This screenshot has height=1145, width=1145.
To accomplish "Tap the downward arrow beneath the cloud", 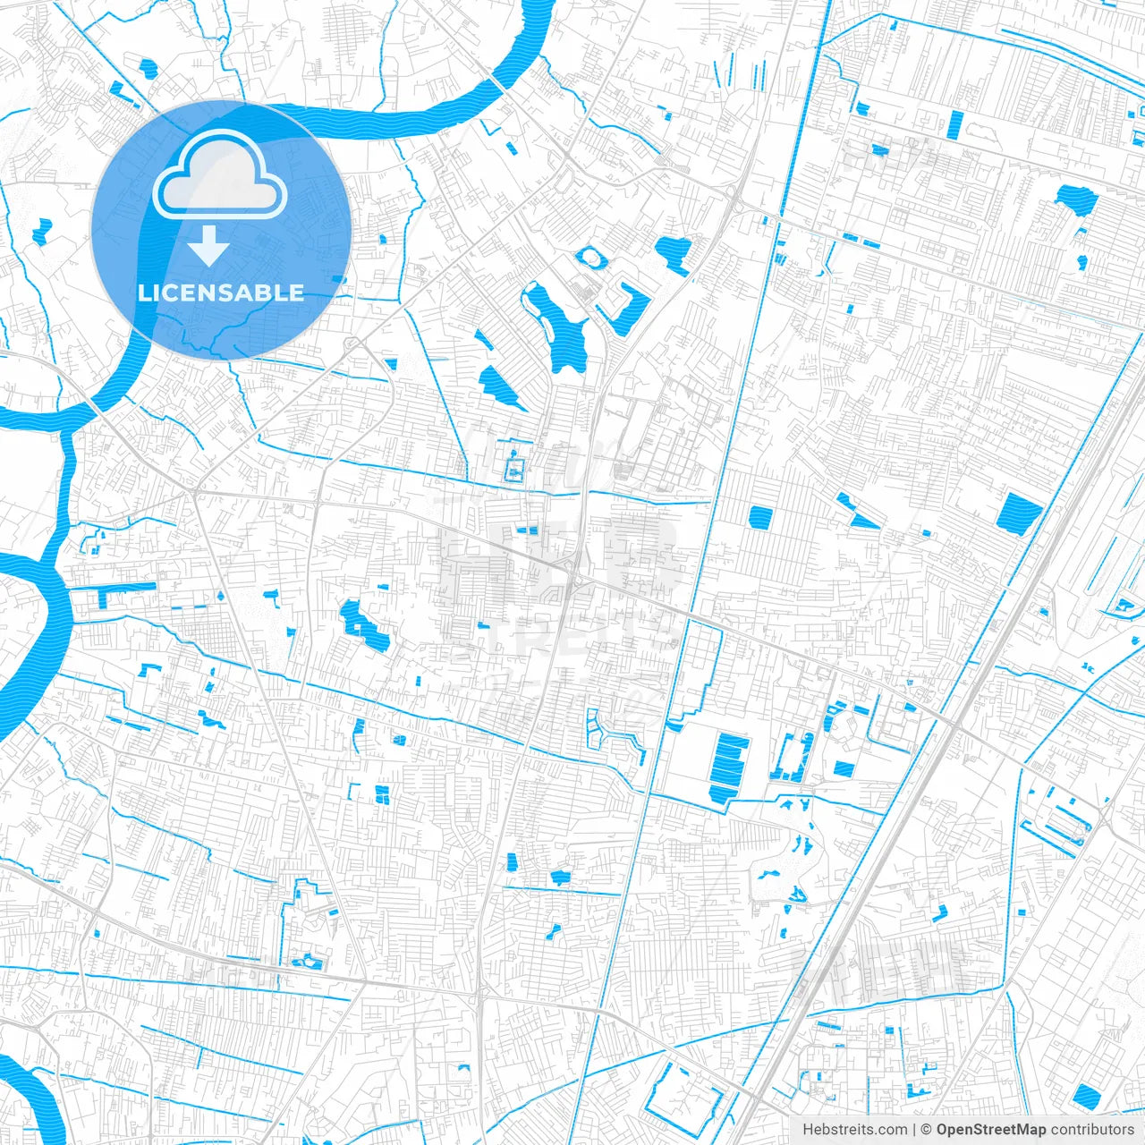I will point(208,245).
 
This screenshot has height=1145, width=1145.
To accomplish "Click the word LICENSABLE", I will point(221,293).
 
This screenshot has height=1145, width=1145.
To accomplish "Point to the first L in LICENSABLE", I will point(143,293).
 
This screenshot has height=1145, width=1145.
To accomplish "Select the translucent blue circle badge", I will point(221,230).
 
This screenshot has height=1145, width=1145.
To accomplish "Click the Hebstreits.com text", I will point(854,1130).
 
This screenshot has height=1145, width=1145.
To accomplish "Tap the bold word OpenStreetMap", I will point(990,1130).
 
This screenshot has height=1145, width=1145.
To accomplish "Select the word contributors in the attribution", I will point(1091,1130).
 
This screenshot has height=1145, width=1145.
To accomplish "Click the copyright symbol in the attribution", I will point(927,1130).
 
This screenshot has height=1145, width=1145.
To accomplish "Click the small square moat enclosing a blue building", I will point(513,470).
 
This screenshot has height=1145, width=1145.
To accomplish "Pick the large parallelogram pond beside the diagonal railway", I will point(1019,513).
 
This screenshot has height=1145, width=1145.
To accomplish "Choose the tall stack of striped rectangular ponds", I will point(730,768).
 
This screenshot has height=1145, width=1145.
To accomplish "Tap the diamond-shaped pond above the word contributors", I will point(1085,1095).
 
